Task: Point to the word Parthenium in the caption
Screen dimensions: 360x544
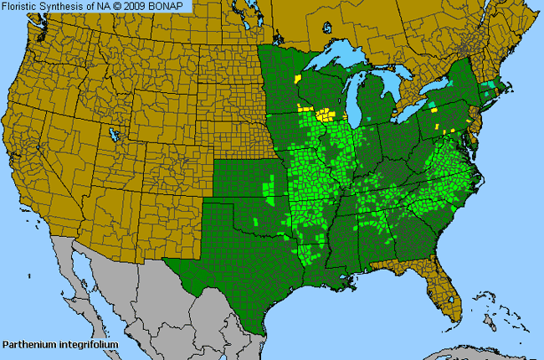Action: [28, 344]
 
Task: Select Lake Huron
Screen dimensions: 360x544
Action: [392, 88]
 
